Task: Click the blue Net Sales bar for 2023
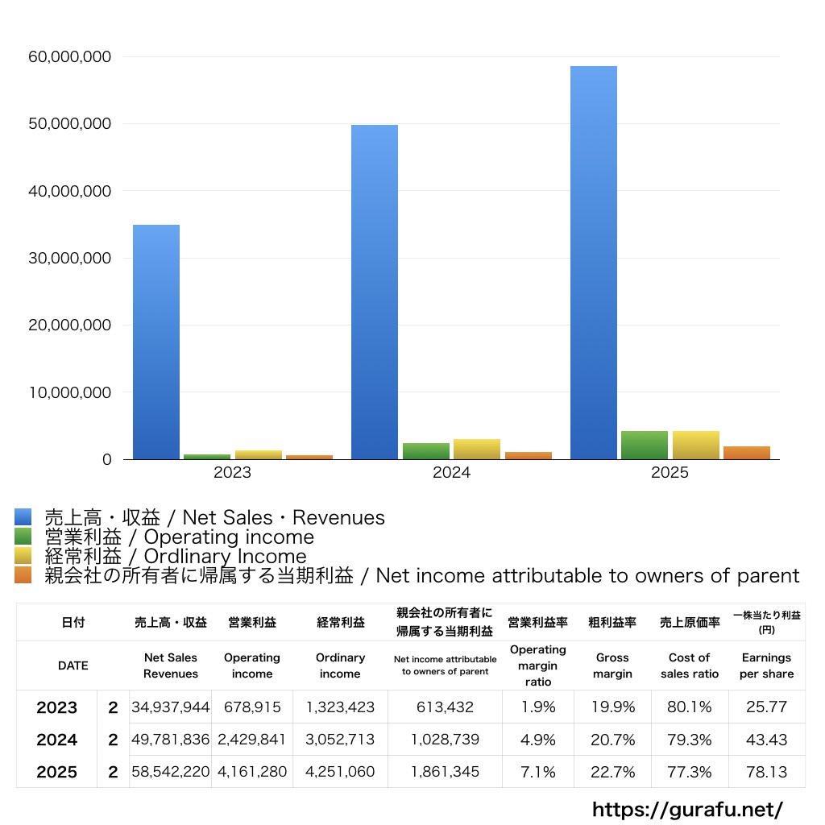tap(155, 342)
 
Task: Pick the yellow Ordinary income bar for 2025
tap(695, 446)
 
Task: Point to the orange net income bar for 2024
tap(528, 455)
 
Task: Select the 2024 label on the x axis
tap(451, 473)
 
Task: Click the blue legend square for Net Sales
tap(23, 517)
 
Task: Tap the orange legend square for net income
tap(23, 575)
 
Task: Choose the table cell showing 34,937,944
tap(170, 707)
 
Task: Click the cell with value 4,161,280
tap(251, 772)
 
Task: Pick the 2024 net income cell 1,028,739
tap(444, 740)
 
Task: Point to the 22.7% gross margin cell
tap(612, 772)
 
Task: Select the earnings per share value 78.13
tap(766, 772)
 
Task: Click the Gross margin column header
tap(612, 665)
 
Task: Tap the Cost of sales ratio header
tap(690, 665)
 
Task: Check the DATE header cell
tap(73, 665)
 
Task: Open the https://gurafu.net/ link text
tap(687, 809)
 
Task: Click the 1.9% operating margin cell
tap(537, 707)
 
